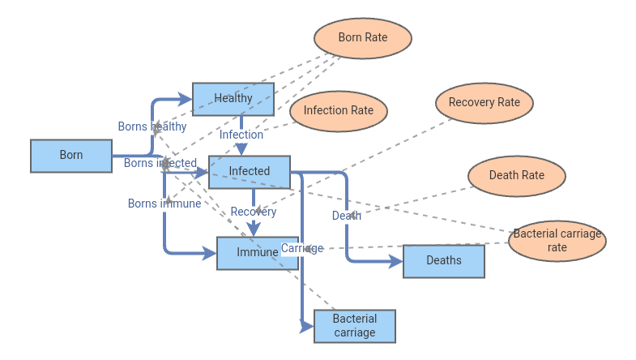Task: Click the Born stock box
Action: click(x=71, y=156)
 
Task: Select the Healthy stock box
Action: click(x=233, y=99)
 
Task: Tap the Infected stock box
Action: click(x=250, y=172)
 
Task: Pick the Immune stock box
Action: click(x=257, y=253)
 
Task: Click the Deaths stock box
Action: click(x=443, y=261)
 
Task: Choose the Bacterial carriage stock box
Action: click(x=354, y=326)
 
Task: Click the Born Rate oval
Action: click(x=362, y=38)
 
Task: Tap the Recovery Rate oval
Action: click(x=484, y=103)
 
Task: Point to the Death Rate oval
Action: click(x=516, y=176)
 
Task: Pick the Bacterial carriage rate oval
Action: click(x=557, y=241)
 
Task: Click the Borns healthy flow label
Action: click(x=152, y=126)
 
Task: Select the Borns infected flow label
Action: click(x=160, y=163)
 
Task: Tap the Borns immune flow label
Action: click(x=164, y=204)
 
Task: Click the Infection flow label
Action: click(x=241, y=135)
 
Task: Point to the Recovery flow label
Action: click(x=254, y=212)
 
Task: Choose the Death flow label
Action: click(x=347, y=216)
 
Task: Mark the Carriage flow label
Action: click(x=302, y=248)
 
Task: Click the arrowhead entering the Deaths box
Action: click(x=396, y=261)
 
